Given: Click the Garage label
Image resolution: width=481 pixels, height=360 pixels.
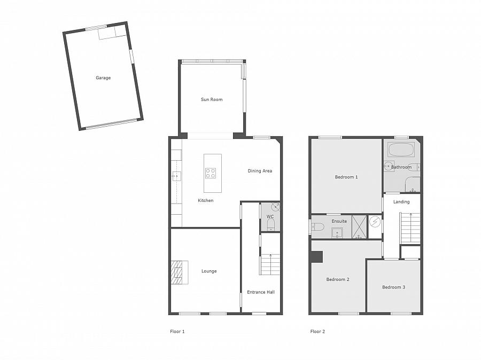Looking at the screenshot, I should pos(103,78).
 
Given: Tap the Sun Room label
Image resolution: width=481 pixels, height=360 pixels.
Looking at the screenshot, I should pos(212,99).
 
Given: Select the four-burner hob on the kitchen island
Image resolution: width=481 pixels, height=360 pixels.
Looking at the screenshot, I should pos(211,173).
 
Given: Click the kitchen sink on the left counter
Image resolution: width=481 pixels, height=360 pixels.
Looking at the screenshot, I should pos(176,175).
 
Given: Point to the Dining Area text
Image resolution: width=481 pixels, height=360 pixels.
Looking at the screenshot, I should pos(260,171).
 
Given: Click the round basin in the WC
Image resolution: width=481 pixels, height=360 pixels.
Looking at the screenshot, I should pos(275,207).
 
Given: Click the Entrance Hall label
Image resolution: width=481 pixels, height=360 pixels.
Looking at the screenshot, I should pos(261,292).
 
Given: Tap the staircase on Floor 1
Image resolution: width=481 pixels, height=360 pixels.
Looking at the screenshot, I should pos(270,264).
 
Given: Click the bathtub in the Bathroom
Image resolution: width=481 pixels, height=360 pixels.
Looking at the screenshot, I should pos(400,149).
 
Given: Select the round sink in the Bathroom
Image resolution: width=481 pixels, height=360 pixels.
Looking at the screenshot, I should pos(389,166).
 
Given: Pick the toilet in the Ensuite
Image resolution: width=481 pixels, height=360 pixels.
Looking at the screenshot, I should pos(317,226).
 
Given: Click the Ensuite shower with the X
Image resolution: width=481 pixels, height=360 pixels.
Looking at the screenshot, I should pos(360,226).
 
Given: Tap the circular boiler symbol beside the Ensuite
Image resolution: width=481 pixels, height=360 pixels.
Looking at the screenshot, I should pos(375,221).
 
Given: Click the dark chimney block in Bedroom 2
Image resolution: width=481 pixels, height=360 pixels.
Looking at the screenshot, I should pos(317,257).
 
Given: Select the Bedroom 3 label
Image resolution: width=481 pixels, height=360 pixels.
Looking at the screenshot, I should pos(393,287).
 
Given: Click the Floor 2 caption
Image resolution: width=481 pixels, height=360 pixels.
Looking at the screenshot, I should pos(317,332).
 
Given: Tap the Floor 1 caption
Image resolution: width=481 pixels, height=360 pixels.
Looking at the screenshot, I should pos(177,332).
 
